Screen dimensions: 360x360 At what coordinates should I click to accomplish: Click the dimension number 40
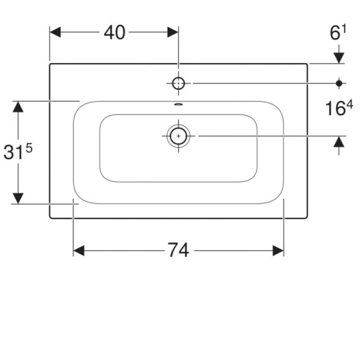[x=115, y=32]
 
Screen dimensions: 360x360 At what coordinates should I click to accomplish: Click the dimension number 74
[x=178, y=250]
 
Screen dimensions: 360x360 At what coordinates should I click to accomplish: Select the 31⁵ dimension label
[x=18, y=152]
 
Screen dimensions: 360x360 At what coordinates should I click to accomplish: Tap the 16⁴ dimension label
[x=339, y=108]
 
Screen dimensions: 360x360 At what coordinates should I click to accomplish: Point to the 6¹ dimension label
[x=338, y=32]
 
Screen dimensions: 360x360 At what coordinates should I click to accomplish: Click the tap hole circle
[x=178, y=83]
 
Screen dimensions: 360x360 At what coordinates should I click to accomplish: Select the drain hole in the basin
[x=178, y=136]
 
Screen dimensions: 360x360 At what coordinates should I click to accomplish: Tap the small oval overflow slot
[x=178, y=104]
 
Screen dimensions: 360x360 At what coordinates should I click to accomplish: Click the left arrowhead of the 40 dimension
[x=55, y=32]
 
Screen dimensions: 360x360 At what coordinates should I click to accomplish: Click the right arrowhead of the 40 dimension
[x=173, y=32]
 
